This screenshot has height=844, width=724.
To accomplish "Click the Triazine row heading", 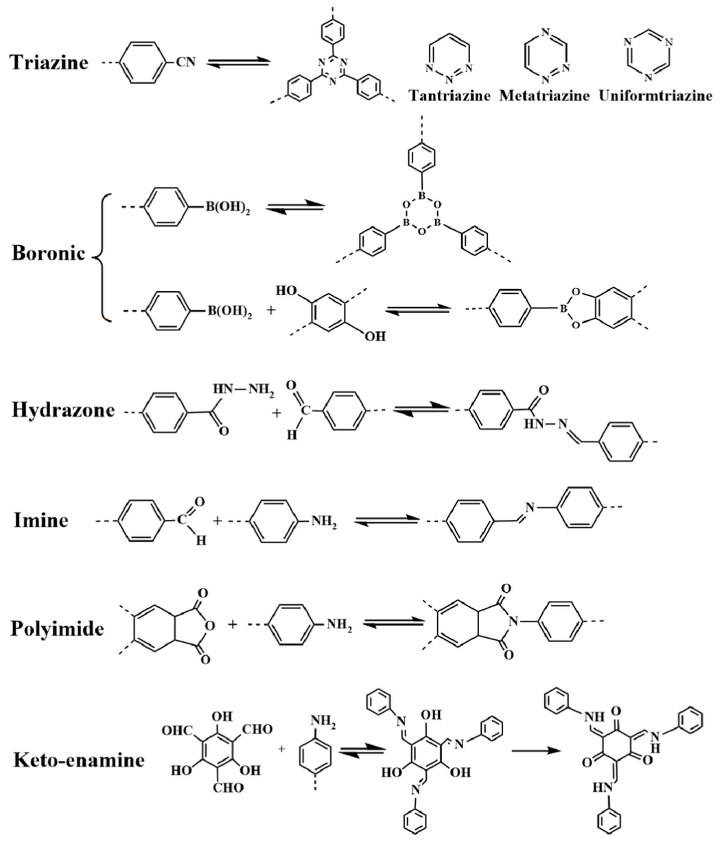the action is tap(49, 62).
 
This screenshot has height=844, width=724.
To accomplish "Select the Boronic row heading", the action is tap(48, 253).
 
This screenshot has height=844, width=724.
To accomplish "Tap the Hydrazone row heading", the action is tap(63, 409).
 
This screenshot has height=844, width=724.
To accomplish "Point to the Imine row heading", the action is tap(40, 520).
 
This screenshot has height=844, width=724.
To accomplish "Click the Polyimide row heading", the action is tap(57, 629).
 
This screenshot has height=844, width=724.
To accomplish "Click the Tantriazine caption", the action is tap(449, 95).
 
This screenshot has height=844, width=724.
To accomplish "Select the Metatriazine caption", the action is tap(544, 95).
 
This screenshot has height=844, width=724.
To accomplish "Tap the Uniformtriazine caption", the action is tap(655, 95).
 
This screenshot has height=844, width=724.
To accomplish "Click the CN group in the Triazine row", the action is tap(186, 62).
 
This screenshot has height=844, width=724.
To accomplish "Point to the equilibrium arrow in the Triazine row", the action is tap(238, 62).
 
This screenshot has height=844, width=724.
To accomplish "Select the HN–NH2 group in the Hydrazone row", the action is tap(243, 389).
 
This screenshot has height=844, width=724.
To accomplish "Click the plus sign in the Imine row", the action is tap(218, 521).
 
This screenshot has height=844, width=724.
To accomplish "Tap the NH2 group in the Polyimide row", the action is tap(339, 625).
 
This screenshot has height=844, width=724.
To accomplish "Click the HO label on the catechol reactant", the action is tap(286, 290).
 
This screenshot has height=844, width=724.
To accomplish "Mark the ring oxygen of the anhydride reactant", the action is tap(210, 625).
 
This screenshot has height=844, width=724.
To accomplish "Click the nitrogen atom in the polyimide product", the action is tap(513, 622).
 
